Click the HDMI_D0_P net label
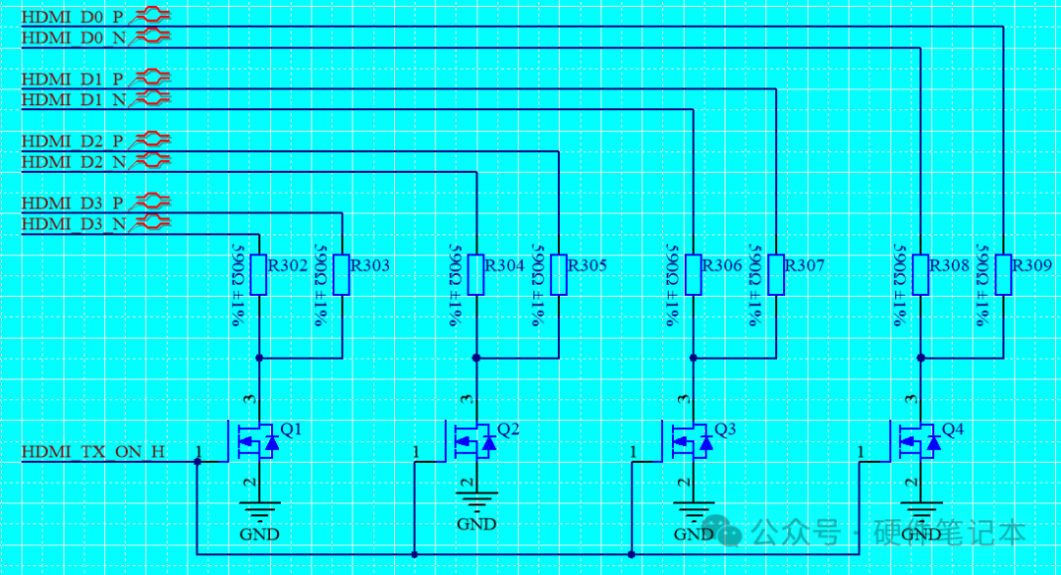click(73, 17)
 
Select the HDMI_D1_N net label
click(74, 100)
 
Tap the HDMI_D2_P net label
click(73, 142)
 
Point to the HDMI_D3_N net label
click(74, 224)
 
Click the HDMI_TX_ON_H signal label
click(92, 452)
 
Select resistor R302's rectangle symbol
click(258, 275)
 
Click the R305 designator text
click(586, 265)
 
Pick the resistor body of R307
click(776, 275)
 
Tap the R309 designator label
click(1032, 265)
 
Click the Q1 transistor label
click(291, 430)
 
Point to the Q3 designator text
click(725, 430)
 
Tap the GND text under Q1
click(259, 535)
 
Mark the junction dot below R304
click(476, 358)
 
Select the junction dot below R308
click(921, 358)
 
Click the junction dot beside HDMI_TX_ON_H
click(197, 462)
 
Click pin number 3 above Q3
click(684, 400)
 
